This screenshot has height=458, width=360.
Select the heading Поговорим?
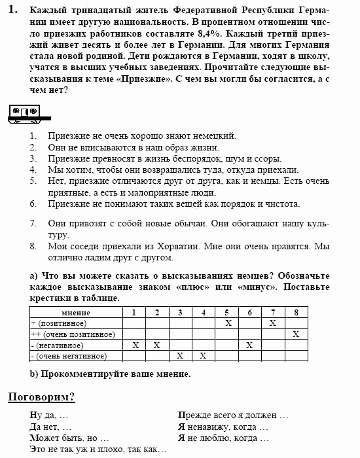point(41,396)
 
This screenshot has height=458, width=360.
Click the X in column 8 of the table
point(296,334)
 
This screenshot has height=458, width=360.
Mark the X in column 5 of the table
point(228,323)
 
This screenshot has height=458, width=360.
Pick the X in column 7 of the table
point(272,323)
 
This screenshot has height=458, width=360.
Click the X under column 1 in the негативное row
point(135,345)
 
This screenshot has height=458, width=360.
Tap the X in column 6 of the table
point(249,345)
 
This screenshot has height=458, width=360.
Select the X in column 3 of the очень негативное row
point(180,356)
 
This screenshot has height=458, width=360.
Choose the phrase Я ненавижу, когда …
point(223,427)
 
